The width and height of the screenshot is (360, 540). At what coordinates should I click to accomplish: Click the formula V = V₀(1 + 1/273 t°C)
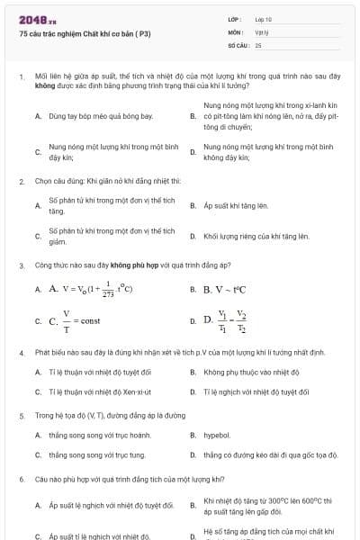click(92, 290)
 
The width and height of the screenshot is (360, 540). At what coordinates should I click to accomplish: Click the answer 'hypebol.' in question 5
click(217, 435)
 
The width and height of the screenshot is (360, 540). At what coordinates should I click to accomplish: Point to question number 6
click(21, 480)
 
